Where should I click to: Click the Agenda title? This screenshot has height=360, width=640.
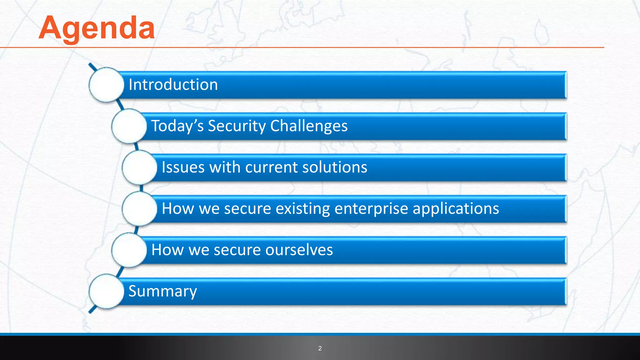coord(97,28)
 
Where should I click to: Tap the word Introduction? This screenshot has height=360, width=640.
coord(173,85)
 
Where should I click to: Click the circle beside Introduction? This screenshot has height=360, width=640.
coord(107,85)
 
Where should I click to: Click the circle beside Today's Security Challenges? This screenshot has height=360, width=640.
coord(129,126)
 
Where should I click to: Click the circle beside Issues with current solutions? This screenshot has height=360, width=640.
coord(139,167)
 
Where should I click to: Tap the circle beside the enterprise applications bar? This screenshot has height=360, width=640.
coord(139,209)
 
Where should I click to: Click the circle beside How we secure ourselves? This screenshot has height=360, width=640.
coord(129,250)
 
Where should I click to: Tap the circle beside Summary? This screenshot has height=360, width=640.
coord(107,291)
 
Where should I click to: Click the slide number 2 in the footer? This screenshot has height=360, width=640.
coord(320,348)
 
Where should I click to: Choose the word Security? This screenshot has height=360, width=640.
coord(237,126)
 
